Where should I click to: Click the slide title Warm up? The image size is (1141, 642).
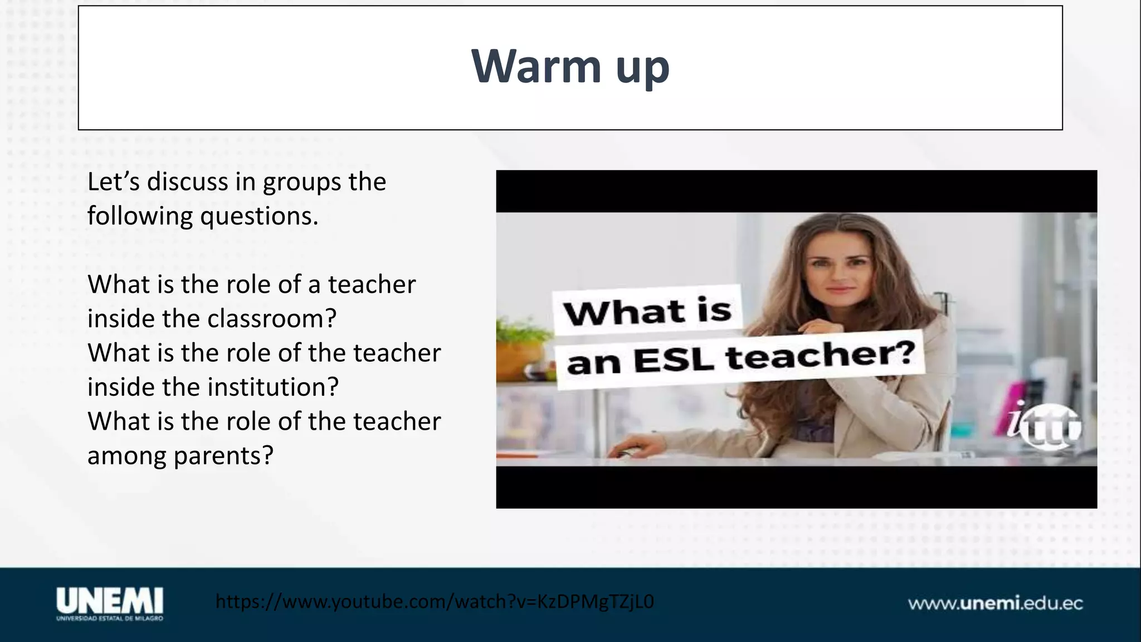(x=570, y=67)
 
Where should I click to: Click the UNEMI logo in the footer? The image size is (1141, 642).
(x=110, y=602)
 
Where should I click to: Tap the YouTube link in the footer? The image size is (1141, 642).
(x=435, y=602)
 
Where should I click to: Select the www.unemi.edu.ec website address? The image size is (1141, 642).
(x=995, y=604)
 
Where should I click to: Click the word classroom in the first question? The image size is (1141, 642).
(x=272, y=319)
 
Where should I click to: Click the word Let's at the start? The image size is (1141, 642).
(x=113, y=182)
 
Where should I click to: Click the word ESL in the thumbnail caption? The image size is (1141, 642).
(x=674, y=361)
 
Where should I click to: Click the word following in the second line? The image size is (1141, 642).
(x=140, y=216)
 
